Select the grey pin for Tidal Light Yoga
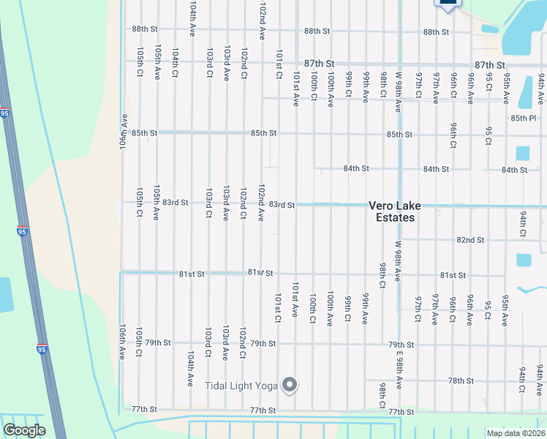click(290, 384)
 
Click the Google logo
click(23, 430)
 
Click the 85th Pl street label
click(524, 118)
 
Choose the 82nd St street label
click(470, 240)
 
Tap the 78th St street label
click(461, 381)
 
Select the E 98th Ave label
click(399, 371)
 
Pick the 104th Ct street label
click(175, 63)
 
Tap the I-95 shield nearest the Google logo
click(42, 349)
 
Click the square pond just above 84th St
click(522, 153)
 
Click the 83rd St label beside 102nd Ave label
click(282, 205)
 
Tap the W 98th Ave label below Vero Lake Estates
click(399, 261)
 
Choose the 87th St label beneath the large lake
click(490, 65)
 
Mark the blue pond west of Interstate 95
click(5, 295)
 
